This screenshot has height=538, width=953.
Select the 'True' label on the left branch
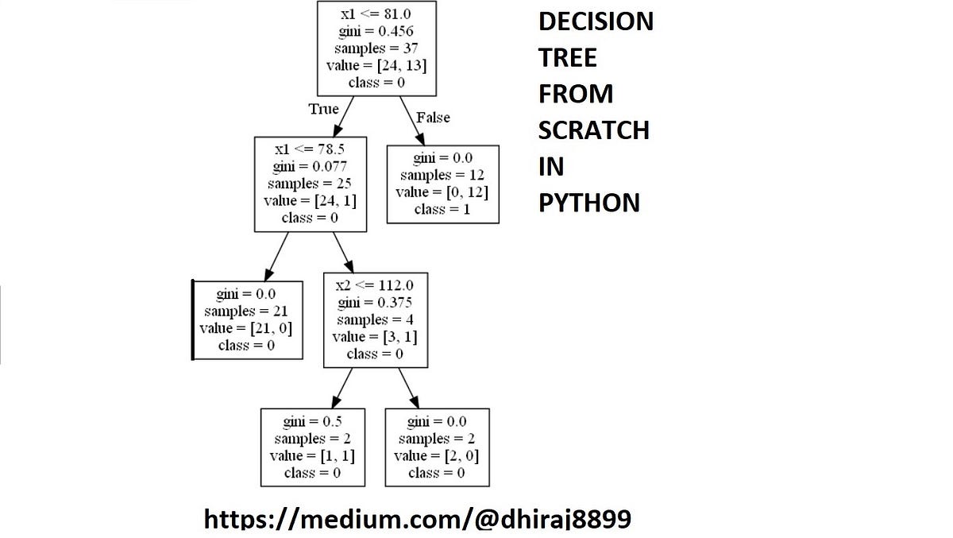tap(323, 109)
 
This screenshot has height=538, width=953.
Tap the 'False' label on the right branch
tap(433, 118)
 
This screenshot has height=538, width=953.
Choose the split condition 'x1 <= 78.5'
tap(310, 149)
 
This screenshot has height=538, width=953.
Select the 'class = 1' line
tap(442, 210)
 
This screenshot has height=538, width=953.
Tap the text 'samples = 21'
tap(247, 311)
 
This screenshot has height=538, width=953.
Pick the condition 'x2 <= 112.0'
tap(375, 285)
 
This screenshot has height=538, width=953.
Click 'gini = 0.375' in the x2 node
tap(375, 303)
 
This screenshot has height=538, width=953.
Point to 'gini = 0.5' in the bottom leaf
tap(312, 421)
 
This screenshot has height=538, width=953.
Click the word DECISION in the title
tap(596, 22)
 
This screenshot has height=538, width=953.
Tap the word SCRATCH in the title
tap(593, 130)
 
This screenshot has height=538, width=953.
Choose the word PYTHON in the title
tap(588, 203)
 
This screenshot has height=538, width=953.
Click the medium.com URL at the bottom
tap(418, 520)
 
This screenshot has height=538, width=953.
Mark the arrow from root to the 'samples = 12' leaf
tap(412, 121)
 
